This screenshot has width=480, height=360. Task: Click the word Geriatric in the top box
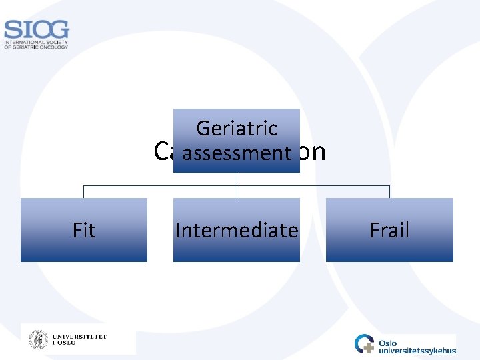click(237, 128)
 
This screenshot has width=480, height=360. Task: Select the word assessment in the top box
click(237, 153)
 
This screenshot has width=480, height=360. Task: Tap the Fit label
click(84, 231)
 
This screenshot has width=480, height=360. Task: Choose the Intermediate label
click(237, 231)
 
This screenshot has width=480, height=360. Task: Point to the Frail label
click(389, 231)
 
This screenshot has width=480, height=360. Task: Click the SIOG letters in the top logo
click(36, 30)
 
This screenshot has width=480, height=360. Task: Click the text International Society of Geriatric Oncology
click(36, 45)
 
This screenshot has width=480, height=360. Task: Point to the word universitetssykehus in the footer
click(417, 351)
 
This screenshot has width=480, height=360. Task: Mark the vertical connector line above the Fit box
click(83, 192)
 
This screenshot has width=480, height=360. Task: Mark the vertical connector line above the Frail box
click(389, 192)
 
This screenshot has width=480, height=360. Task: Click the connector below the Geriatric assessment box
click(237, 179)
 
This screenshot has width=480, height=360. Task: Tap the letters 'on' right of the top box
click(313, 153)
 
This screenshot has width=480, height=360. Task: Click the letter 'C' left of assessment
click(160, 153)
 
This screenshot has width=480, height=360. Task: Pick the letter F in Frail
click(375, 231)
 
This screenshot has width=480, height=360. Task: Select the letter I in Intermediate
click(178, 231)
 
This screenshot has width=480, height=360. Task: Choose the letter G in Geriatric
click(203, 128)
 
